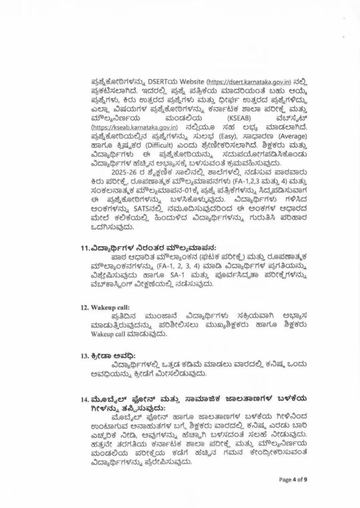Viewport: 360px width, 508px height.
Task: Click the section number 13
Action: (84, 356)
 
